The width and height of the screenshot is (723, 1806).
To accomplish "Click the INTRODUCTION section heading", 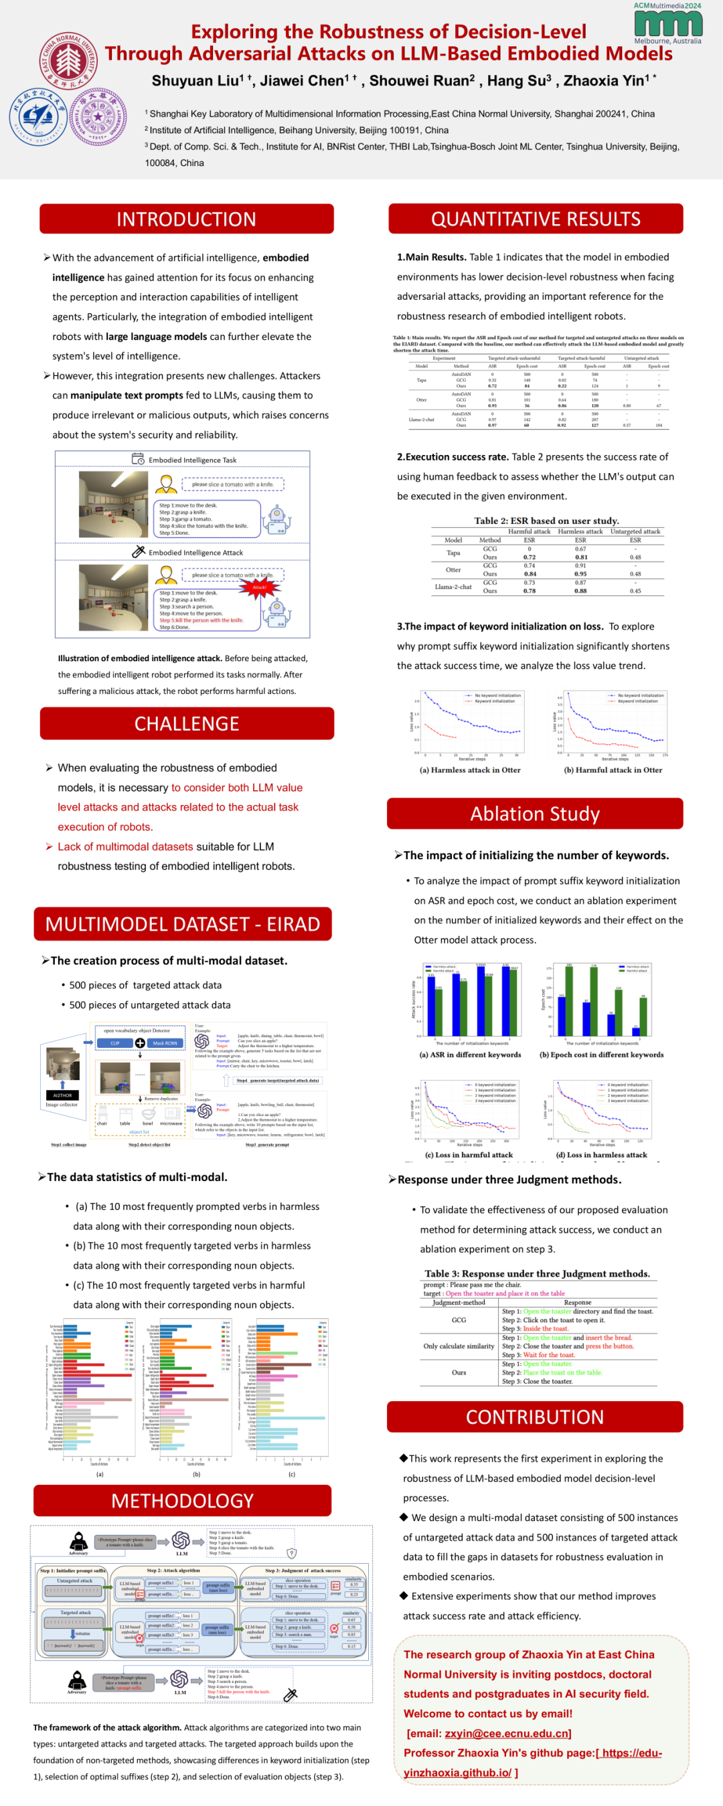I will pyautogui.click(x=186, y=219).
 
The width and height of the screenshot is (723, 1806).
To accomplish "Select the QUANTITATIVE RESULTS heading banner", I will pyautogui.click(x=535, y=219).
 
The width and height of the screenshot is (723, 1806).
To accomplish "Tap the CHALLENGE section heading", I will pyautogui.click(x=187, y=723).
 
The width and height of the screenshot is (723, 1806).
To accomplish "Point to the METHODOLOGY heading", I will pyautogui.click(x=182, y=1500).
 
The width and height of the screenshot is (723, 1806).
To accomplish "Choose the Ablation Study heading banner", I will pyautogui.click(x=534, y=814).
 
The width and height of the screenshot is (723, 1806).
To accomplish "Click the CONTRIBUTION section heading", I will pyautogui.click(x=534, y=1417).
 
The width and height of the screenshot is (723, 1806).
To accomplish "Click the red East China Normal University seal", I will pyautogui.click(x=68, y=61).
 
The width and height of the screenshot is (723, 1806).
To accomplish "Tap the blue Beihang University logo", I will pyautogui.click(x=36, y=116).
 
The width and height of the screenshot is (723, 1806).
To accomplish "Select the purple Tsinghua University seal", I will pyautogui.click(x=98, y=116).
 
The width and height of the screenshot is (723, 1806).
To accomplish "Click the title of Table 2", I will pyautogui.click(x=546, y=521).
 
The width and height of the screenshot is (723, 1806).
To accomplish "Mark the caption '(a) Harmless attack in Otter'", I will pyautogui.click(x=470, y=770).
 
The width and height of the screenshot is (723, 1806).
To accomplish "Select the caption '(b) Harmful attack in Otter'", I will pyautogui.click(x=613, y=770).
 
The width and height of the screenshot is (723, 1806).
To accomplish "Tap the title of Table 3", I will pyautogui.click(x=537, y=1273).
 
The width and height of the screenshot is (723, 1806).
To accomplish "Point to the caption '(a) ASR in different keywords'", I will pyautogui.click(x=470, y=1055).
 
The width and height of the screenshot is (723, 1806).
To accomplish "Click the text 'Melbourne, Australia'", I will pyautogui.click(x=667, y=41).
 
